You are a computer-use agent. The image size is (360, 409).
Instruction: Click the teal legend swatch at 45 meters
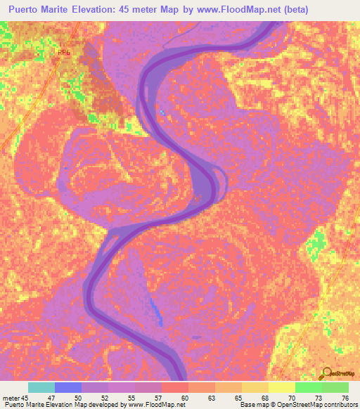point(41,387)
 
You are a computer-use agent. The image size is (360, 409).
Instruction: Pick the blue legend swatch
point(68,387)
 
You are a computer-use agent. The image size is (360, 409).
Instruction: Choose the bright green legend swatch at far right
point(335,387)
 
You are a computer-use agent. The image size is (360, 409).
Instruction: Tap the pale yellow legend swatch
point(282,387)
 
